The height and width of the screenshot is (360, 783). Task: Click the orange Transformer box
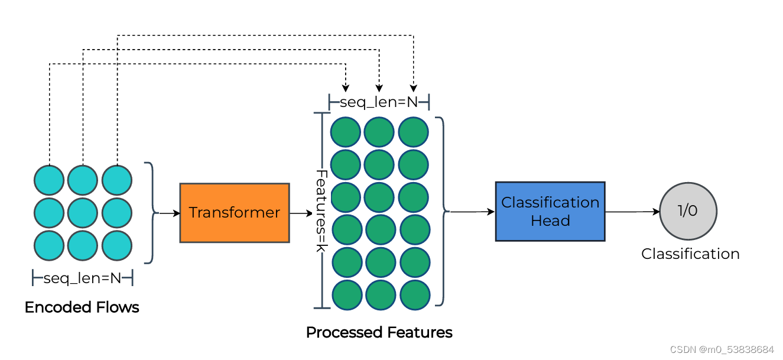point(235,213)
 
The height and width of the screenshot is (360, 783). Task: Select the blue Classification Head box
point(550,212)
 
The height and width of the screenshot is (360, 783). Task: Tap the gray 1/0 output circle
point(688,211)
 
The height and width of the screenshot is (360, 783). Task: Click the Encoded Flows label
point(82,307)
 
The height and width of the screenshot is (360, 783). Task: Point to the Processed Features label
point(379,332)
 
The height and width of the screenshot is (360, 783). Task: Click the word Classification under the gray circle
point(690,254)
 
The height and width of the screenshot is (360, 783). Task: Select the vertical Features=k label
point(321,211)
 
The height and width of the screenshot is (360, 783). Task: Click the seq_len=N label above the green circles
point(379,102)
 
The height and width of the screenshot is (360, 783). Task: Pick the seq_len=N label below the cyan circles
point(82,278)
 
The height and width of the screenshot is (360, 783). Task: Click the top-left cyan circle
point(48,180)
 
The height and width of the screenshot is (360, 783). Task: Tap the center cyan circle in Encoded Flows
point(83,213)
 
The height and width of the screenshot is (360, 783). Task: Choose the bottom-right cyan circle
point(117,245)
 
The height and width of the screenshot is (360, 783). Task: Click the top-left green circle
point(346,132)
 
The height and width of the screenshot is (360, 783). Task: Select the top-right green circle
point(414,132)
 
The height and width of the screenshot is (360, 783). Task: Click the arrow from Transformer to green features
point(301,213)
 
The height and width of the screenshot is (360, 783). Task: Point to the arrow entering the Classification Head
point(473,212)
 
